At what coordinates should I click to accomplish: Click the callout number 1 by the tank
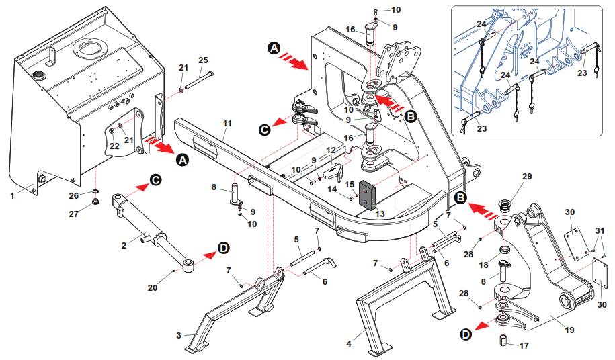click(x=12, y=195)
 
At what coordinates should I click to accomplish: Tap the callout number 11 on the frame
click(x=227, y=124)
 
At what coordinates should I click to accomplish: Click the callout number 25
click(x=203, y=61)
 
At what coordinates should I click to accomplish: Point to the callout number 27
click(x=94, y=214)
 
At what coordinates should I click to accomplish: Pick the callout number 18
click(x=484, y=265)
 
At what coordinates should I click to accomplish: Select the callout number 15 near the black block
click(x=350, y=183)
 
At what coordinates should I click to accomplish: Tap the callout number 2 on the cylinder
click(x=124, y=245)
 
